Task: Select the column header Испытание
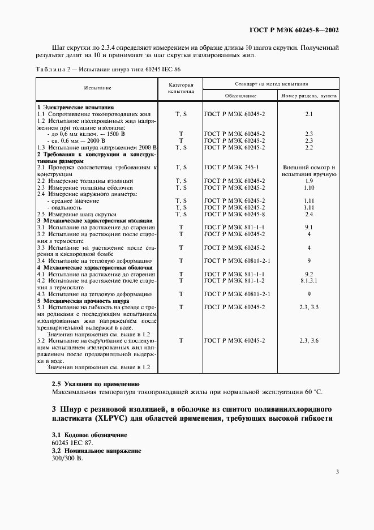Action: coord(97,88)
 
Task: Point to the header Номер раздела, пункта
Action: coord(309,96)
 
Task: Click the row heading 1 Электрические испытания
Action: coord(75,107)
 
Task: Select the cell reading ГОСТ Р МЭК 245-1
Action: coord(231,167)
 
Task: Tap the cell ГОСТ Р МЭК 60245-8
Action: coord(234,214)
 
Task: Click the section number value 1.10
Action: coord(309,187)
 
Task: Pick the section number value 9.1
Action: coord(309,227)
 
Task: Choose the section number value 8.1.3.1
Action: coord(309,280)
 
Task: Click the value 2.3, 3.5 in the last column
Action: coord(309,307)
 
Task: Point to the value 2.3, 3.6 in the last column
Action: coord(309,340)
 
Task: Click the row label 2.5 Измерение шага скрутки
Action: coord(76,214)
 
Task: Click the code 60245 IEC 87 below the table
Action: coord(72,443)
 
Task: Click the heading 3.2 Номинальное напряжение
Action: coord(96,451)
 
